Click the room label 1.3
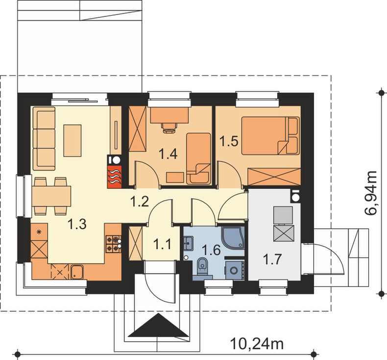(x=77, y=224)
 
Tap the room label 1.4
(x=168, y=154)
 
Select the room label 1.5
(x=229, y=142)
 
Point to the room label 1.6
(x=211, y=250)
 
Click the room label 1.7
(x=272, y=259)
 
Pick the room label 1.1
(x=162, y=245)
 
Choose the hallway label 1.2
(x=140, y=202)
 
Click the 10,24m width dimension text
(x=257, y=343)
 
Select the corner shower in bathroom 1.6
(x=233, y=237)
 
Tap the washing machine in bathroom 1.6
(x=234, y=270)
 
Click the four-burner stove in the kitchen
(x=114, y=244)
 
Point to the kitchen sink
(x=77, y=272)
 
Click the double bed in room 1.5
(x=270, y=136)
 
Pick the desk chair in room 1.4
(x=169, y=127)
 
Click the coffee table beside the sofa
(x=73, y=141)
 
